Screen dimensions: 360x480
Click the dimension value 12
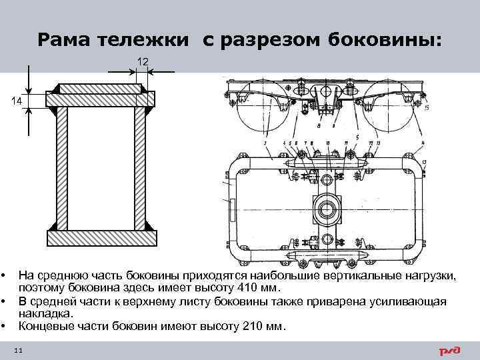pos(143,61)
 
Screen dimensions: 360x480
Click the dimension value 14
pos(16,100)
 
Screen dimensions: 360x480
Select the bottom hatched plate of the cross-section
pos(101,236)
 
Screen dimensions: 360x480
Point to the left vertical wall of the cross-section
pos(61,167)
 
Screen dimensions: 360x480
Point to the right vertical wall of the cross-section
pos(141,167)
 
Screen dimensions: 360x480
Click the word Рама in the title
pos(63,41)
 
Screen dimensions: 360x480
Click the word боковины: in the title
pos(385,41)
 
